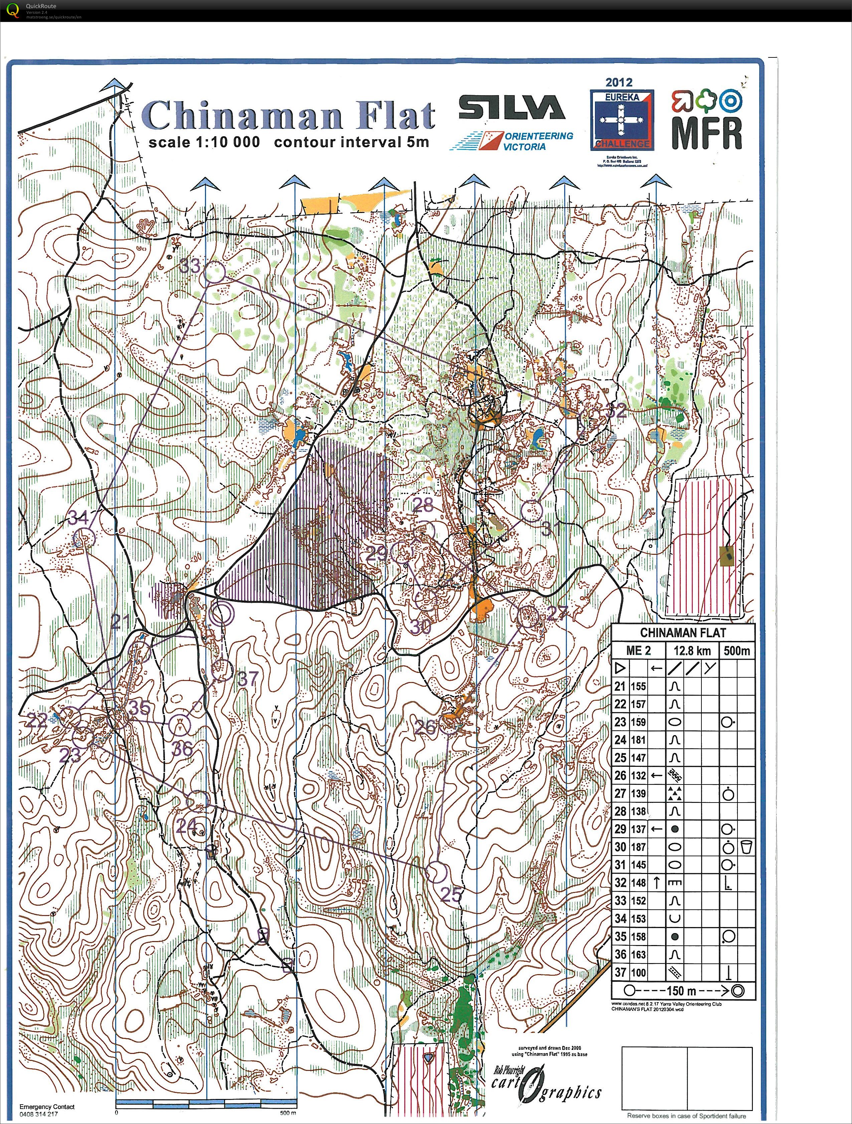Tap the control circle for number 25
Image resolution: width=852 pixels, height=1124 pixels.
click(435, 872)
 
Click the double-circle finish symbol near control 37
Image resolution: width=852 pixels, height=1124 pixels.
click(222, 614)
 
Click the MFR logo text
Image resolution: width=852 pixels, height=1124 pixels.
click(707, 133)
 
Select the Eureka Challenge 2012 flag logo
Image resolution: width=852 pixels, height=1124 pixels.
click(622, 121)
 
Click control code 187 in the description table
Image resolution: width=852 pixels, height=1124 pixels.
click(638, 847)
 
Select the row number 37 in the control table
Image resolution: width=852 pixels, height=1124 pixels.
click(620, 972)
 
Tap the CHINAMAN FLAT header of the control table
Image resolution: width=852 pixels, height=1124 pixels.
click(683, 633)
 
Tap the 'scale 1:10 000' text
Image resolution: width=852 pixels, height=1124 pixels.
click(204, 142)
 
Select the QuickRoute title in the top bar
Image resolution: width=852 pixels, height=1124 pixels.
click(41, 6)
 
